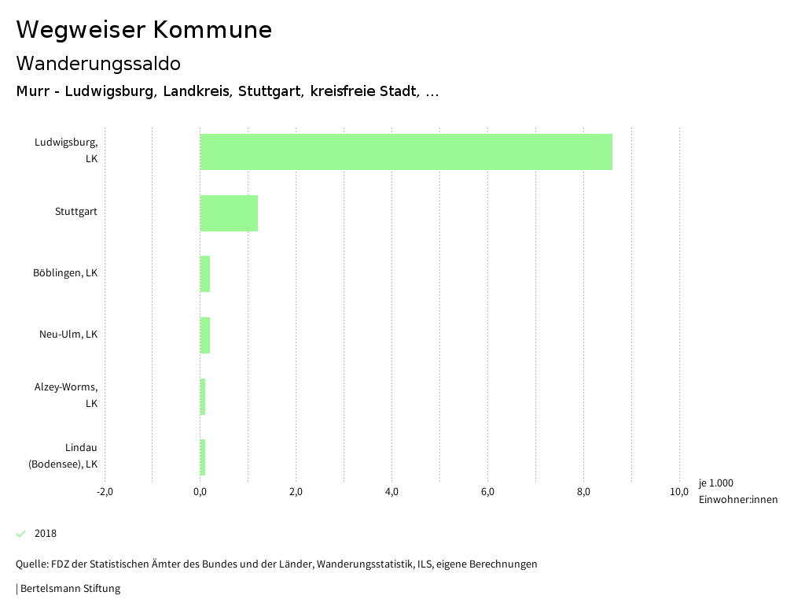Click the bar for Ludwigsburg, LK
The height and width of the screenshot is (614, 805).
(x=406, y=152)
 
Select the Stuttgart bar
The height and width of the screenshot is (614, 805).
(x=229, y=213)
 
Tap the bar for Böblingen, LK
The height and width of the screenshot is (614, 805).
(x=205, y=274)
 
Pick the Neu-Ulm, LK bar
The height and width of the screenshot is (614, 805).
(x=205, y=335)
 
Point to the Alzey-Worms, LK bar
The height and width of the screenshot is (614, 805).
(x=203, y=397)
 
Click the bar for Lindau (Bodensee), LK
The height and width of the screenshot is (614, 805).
(x=203, y=457)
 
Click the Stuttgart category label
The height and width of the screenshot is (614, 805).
(x=76, y=212)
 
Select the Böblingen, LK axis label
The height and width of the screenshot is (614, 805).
(x=65, y=273)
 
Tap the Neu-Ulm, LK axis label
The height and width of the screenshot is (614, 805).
(x=68, y=335)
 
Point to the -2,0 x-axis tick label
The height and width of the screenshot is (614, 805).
(x=105, y=493)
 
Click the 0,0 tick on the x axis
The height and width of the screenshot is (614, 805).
(x=200, y=493)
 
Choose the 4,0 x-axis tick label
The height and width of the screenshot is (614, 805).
(x=391, y=493)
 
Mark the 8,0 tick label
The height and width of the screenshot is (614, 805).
(x=583, y=493)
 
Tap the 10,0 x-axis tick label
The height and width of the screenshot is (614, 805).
(x=679, y=493)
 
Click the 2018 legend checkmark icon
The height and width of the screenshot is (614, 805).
(x=21, y=534)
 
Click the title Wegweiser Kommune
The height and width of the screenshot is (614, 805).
(x=144, y=29)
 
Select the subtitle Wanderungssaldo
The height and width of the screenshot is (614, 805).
(x=98, y=63)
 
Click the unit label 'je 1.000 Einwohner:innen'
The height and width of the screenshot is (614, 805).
(x=737, y=491)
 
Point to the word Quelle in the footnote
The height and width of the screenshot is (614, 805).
(x=31, y=564)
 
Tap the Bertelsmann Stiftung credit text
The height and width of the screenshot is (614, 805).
(x=70, y=588)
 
